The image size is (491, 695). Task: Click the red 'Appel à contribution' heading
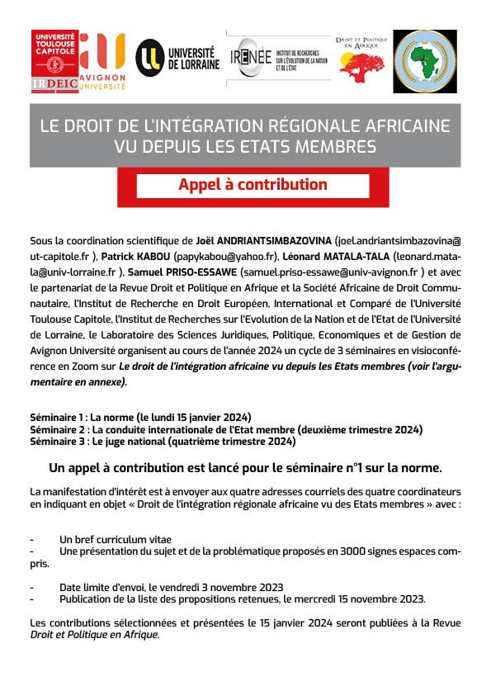[253, 185]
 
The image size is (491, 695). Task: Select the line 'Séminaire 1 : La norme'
[140, 418]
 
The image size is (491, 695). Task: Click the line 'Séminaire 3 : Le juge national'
[162, 442]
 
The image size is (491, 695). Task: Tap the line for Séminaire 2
[225, 430]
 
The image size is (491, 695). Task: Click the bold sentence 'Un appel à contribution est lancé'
[245, 467]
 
